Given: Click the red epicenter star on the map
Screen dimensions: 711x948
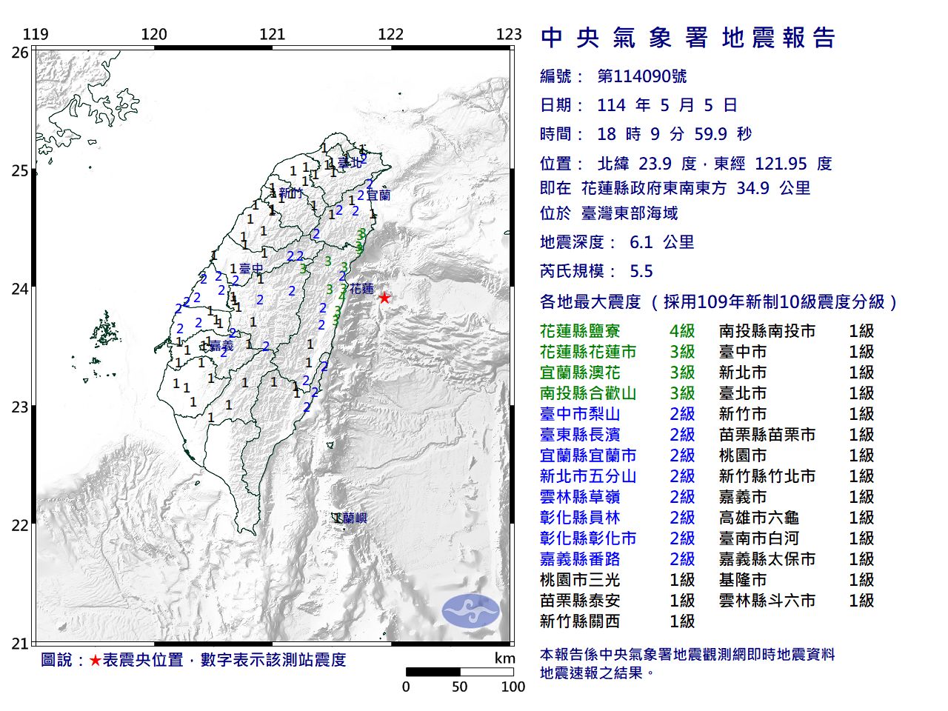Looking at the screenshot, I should [x=384, y=298].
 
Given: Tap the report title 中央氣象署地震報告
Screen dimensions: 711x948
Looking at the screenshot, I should [x=688, y=38].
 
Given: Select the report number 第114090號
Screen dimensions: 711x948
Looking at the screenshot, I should [x=641, y=76].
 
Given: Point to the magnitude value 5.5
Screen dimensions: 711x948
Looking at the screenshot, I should [x=641, y=271].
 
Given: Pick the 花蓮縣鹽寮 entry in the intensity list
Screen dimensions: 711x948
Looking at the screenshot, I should [x=580, y=331].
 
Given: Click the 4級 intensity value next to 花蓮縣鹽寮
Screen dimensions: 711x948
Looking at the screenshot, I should [x=682, y=331].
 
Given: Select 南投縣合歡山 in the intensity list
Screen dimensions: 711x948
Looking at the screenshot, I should [x=588, y=393].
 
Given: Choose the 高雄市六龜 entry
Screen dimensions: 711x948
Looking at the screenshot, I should [x=759, y=518].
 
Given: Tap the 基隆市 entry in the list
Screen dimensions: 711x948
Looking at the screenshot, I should [x=743, y=580].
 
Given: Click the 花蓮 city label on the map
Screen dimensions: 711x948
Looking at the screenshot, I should [x=362, y=289].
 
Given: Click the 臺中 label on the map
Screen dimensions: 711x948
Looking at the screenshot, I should [x=251, y=269].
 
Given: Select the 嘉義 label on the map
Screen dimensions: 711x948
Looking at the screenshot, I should [x=221, y=345].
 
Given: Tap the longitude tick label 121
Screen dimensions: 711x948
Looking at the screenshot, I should [x=273, y=34].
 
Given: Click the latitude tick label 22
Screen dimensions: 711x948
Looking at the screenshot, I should [x=20, y=526].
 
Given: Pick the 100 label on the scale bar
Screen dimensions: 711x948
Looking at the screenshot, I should [x=513, y=687].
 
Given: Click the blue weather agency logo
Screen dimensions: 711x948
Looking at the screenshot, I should [x=471, y=611].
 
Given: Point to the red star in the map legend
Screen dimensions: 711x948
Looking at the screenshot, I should [x=95, y=660].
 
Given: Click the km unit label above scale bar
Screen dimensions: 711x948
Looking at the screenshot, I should [x=504, y=658].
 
